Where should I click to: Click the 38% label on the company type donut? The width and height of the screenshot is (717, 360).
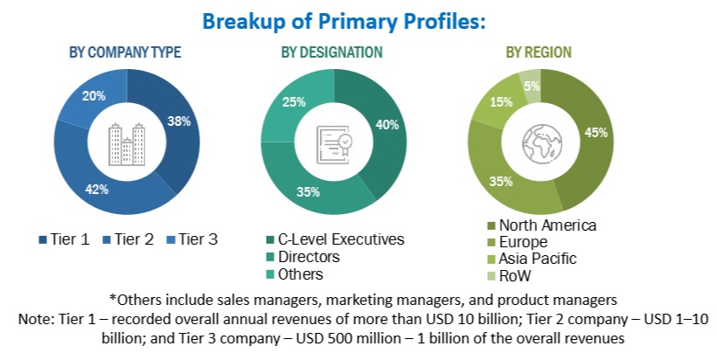pos(179,122)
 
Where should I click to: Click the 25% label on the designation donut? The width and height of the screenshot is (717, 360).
pos(295,101)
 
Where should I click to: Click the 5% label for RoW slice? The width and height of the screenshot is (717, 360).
pos(530,86)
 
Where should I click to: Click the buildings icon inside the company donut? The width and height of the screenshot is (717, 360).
pos(125,145)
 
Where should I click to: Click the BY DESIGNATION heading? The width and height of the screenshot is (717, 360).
pos(331,52)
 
